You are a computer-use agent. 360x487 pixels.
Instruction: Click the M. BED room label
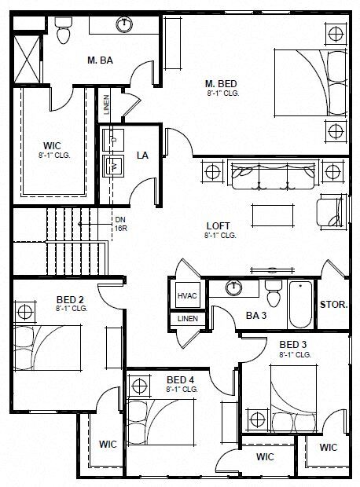(x=221, y=83)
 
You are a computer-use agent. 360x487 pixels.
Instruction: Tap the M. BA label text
(x=99, y=60)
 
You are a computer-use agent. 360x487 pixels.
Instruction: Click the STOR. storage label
(x=334, y=305)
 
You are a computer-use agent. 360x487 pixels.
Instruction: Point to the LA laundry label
(x=142, y=155)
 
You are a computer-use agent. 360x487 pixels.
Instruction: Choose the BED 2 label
(x=69, y=300)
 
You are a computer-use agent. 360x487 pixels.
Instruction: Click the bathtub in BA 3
(x=300, y=306)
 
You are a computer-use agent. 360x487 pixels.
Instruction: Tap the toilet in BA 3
(x=274, y=295)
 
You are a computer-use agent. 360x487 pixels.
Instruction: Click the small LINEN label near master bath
(x=107, y=104)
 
